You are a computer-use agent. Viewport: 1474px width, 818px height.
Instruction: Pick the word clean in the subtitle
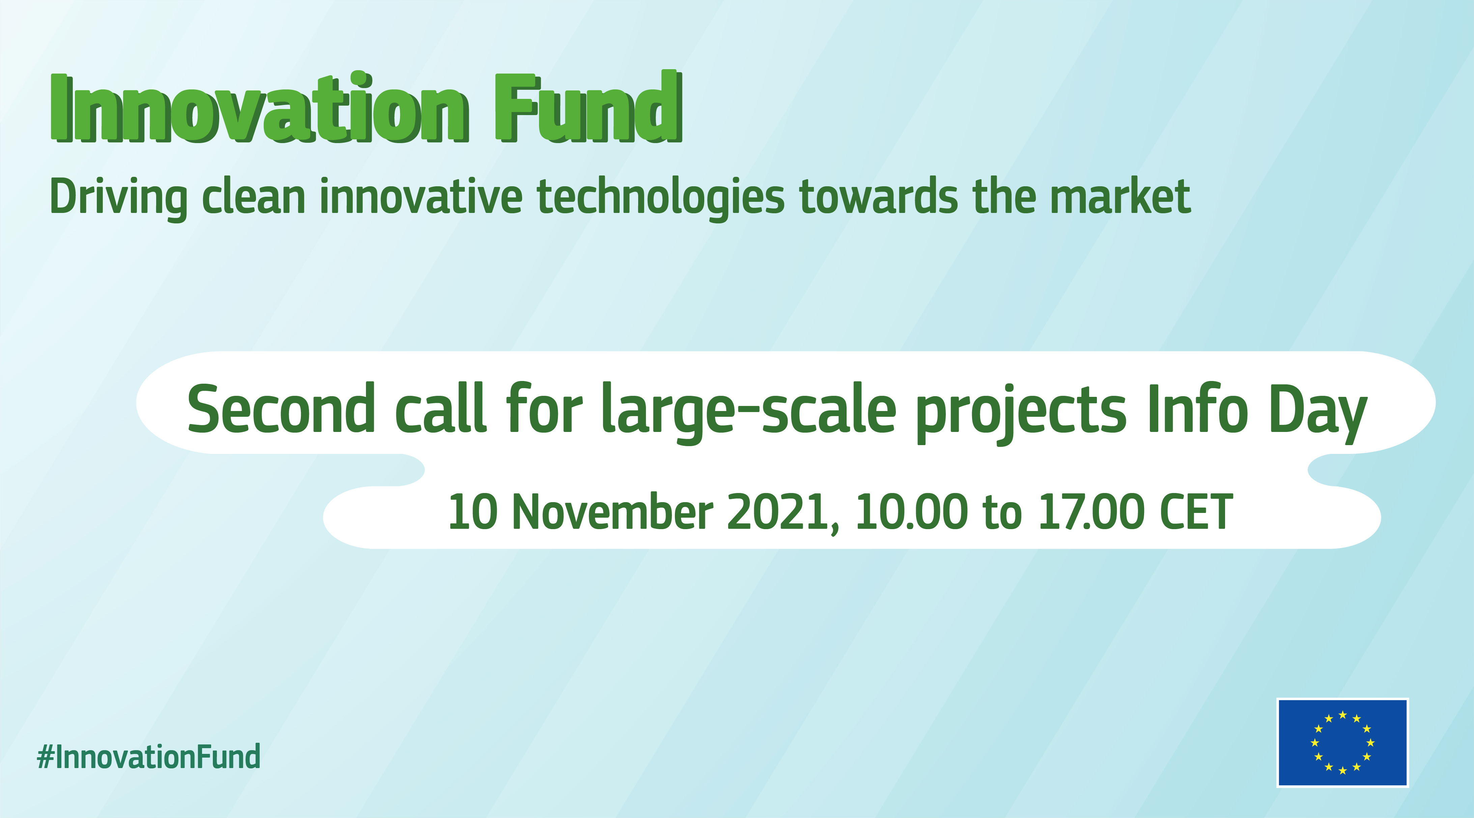(x=254, y=196)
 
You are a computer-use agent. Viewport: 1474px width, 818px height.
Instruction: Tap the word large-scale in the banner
(x=749, y=411)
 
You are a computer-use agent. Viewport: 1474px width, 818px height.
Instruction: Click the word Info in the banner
(x=1198, y=408)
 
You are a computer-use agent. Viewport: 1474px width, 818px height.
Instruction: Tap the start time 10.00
(x=911, y=511)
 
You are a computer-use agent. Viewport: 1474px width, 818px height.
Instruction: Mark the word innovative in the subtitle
(x=421, y=196)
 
